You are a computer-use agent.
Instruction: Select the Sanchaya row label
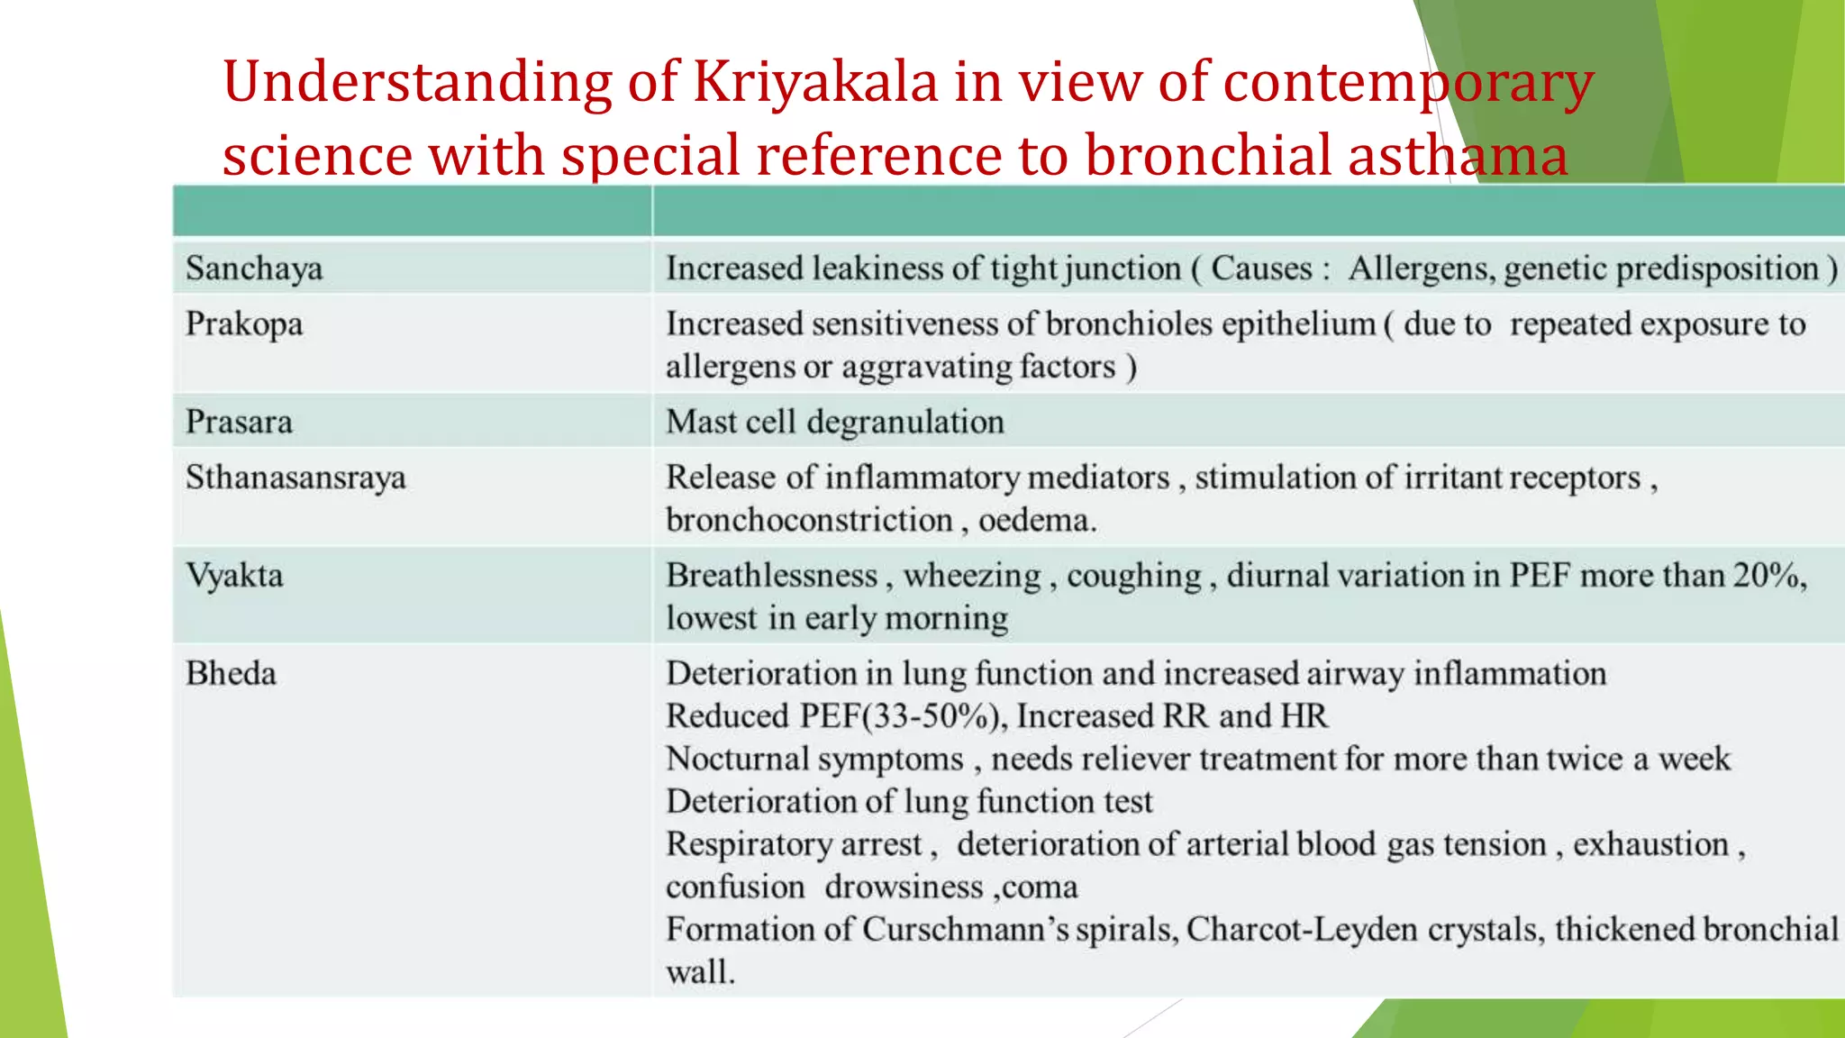pos(254,269)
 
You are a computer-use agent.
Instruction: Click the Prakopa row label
pos(244,324)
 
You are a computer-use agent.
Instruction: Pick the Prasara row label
pos(239,422)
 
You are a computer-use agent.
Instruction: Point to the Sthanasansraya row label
pos(295,478)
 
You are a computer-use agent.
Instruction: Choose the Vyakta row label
pos(234,576)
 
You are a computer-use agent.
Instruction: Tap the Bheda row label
pos(231,674)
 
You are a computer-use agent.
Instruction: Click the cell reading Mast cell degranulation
pos(834,422)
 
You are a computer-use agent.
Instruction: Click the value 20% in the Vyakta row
pos(1768,575)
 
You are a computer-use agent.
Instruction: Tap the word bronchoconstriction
pos(809,521)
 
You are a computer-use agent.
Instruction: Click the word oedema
pos(1036,521)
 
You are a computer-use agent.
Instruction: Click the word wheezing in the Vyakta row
pos(971,576)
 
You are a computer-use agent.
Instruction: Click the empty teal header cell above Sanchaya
pos(412,212)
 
